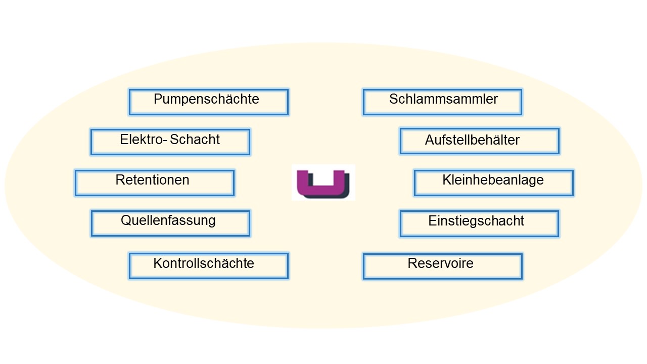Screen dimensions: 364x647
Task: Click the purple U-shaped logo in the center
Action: coord(323,183)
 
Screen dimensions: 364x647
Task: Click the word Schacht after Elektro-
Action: coord(195,140)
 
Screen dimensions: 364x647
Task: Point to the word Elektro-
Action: coord(143,140)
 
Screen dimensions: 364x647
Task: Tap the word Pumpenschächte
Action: coord(206,99)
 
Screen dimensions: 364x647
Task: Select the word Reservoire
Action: coord(440,263)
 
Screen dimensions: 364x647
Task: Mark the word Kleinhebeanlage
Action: coord(493,180)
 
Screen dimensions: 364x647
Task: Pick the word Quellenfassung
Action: coord(168,221)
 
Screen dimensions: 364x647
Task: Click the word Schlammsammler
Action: coord(443,99)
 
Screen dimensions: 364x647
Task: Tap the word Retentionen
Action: coord(152,180)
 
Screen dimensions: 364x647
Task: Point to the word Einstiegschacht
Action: coord(476,221)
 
